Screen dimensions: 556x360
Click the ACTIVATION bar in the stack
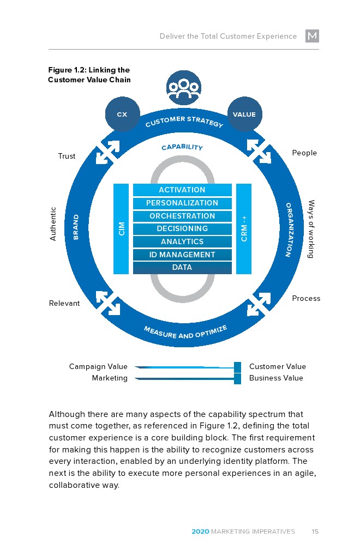[182, 190]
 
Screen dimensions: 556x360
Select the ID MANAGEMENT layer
[182, 255]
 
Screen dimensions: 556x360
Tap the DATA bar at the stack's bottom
[182, 268]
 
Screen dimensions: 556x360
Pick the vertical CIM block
[121, 228]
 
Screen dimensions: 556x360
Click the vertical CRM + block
[244, 228]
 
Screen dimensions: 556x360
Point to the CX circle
[122, 114]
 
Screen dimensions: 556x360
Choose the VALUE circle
[244, 114]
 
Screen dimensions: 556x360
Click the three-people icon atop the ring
[183, 88]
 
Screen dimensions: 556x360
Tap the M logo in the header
[312, 36]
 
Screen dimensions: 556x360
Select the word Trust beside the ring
[67, 156]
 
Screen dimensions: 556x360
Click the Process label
[306, 299]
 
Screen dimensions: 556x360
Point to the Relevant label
[64, 304]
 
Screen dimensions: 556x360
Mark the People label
[304, 153]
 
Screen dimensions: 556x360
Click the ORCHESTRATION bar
[182, 216]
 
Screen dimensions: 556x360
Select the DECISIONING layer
[182, 229]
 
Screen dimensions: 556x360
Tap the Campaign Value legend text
[98, 367]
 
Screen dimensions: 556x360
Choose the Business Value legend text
[276, 378]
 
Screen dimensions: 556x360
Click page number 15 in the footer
[315, 531]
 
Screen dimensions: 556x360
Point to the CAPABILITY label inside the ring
[182, 148]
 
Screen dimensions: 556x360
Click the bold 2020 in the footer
[200, 531]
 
